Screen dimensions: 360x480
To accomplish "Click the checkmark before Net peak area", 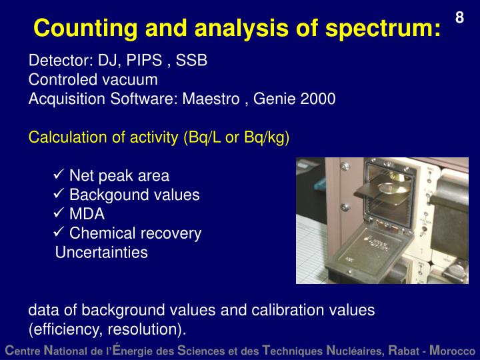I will coord(58,176).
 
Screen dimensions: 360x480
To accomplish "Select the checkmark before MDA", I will coord(58,215).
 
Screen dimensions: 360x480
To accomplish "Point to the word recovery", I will coord(173,233).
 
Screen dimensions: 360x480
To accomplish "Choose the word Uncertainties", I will coord(101,253).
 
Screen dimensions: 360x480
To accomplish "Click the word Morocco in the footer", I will coord(453,350).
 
